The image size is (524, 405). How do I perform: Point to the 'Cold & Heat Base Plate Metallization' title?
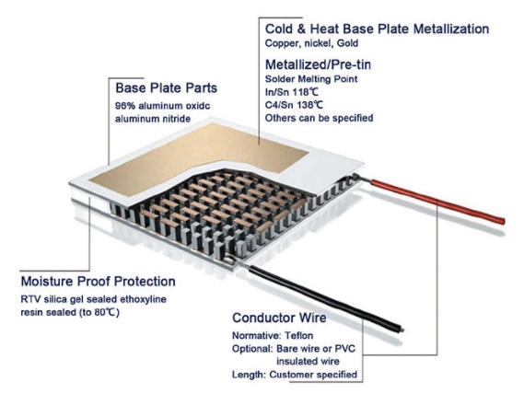point(378,29)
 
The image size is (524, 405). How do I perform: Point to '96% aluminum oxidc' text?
point(158,106)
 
